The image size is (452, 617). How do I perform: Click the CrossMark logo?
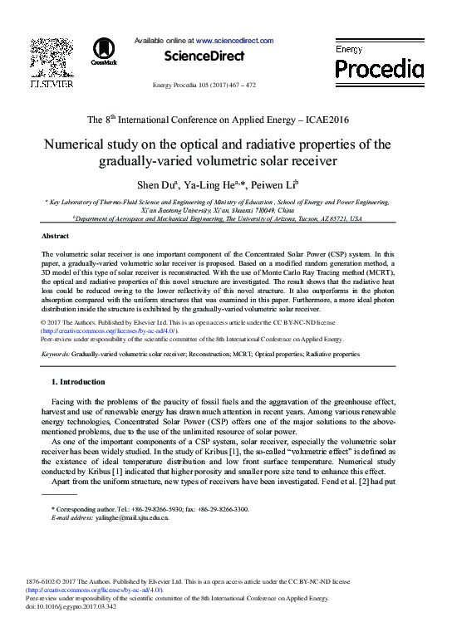(104, 51)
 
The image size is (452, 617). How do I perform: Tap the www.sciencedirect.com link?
(234, 40)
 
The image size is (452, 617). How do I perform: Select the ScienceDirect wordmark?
(204, 56)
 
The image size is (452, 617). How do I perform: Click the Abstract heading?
(55, 237)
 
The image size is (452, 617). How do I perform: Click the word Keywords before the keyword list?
(55, 354)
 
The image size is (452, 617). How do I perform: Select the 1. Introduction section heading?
(78, 382)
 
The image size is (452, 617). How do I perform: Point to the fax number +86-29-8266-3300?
(218, 508)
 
